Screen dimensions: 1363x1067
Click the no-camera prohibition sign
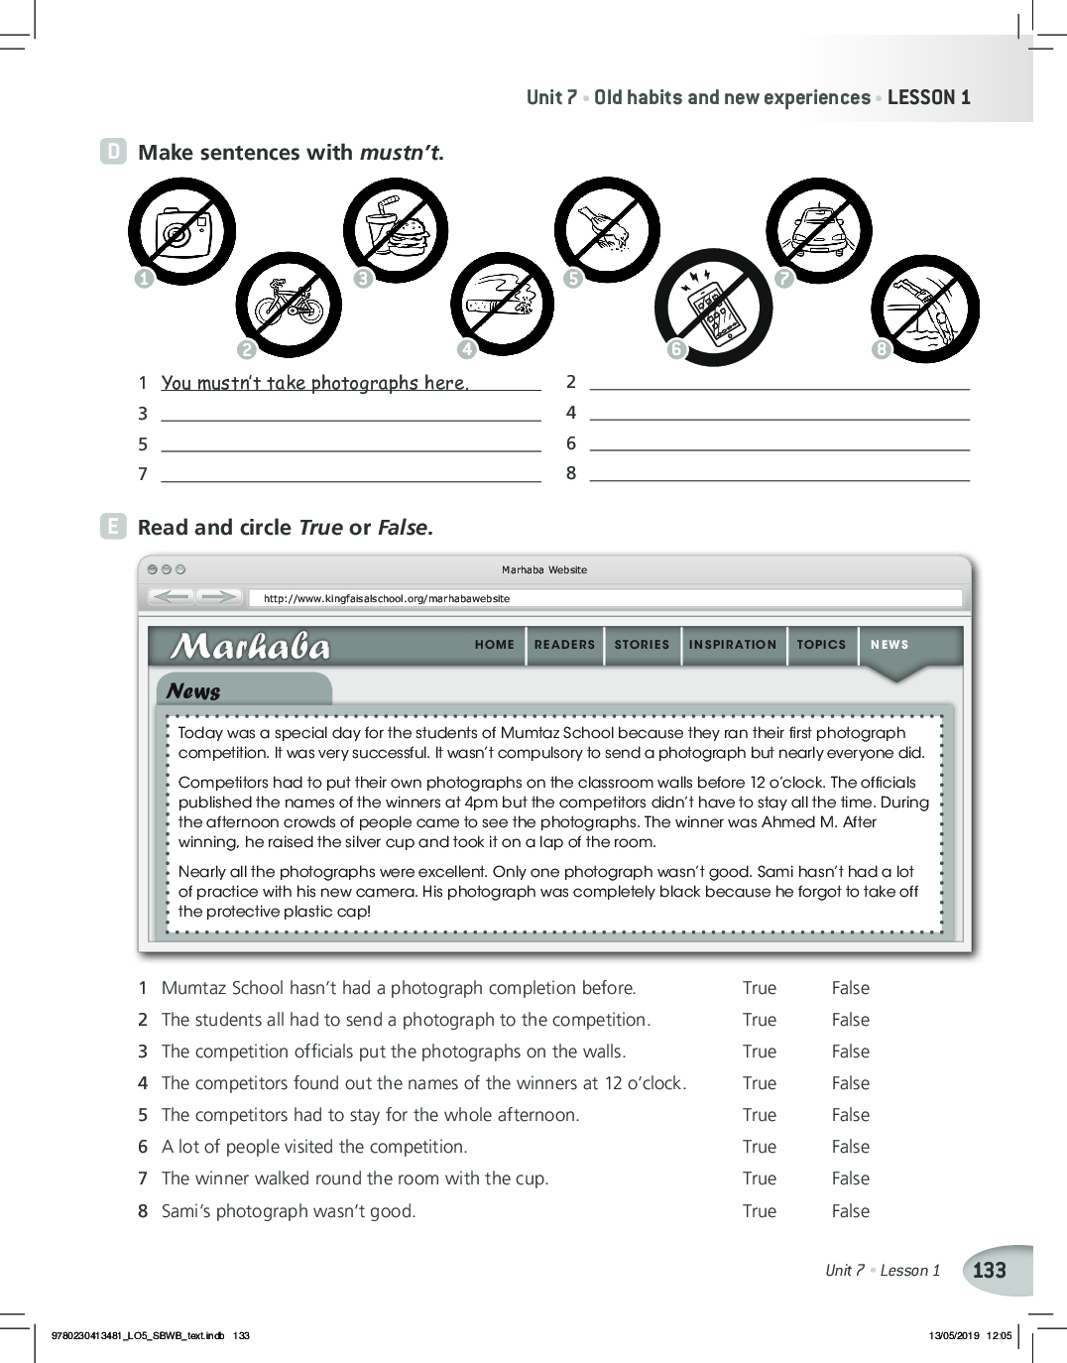coord(182,232)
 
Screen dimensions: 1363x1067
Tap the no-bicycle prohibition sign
coord(289,305)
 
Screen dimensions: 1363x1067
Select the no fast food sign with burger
coord(396,231)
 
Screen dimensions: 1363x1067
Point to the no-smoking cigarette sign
coord(502,303)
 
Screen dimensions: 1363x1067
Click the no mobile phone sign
coord(713,308)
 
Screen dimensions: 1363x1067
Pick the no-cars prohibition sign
coord(819,231)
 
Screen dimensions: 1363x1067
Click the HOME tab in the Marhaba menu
coord(495,645)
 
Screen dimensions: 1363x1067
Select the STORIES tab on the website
coord(642,645)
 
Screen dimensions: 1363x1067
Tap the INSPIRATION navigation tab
coord(733,645)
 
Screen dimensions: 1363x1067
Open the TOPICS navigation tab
coord(821,645)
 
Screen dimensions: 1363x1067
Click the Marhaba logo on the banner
coord(250,647)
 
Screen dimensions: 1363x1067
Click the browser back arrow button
coord(172,597)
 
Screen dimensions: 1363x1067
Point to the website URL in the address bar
coord(387,599)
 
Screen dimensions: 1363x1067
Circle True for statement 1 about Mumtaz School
coord(760,988)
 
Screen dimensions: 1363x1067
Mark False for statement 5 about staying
coord(850,1115)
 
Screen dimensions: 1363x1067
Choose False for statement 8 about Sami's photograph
coord(850,1211)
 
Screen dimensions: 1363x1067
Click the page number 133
coord(990,1271)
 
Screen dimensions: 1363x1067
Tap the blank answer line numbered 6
coord(779,442)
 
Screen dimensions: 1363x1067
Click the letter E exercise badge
coord(114,527)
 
